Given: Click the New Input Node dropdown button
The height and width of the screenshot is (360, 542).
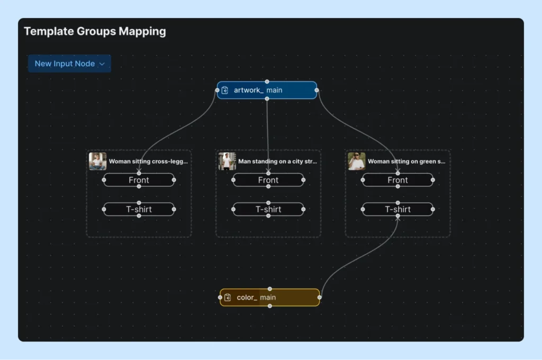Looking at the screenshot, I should coord(69,64).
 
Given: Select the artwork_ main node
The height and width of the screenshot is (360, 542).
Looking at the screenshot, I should coord(267,91).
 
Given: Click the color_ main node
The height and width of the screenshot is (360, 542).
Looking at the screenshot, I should coord(270,298).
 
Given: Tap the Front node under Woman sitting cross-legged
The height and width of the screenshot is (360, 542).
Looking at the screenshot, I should coord(139,180).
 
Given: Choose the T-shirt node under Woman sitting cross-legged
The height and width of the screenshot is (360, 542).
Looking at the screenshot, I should coord(139,209).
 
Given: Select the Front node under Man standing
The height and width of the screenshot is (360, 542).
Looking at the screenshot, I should coord(268,180).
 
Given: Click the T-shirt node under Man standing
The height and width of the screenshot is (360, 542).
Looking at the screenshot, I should coord(268,209).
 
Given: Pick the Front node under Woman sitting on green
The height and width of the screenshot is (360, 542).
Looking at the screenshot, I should coord(398,180).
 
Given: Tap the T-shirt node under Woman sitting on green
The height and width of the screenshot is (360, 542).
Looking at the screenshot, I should coord(398,209).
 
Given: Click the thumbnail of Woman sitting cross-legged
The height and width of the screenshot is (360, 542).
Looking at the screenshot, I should coord(97,161).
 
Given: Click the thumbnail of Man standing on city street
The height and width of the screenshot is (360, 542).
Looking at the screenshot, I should coord(227,161).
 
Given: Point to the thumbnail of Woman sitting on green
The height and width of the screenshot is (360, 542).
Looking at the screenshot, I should coord(356,161).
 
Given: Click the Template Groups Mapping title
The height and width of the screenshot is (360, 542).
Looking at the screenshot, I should coord(95,31).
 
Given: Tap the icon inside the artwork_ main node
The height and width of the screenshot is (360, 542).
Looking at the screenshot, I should coord(225,91).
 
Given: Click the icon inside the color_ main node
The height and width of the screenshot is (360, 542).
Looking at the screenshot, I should coord(228,298).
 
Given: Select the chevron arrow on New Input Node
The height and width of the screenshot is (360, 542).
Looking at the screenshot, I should coord(102,64).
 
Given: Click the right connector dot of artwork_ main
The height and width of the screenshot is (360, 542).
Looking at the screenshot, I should coord(317,91).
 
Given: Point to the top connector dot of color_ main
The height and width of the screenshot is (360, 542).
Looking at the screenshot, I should coord(270,289).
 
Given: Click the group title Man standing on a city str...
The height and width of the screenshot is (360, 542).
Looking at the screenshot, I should coord(277,161).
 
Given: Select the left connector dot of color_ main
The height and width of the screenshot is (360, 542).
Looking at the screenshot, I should coord(220,298).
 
